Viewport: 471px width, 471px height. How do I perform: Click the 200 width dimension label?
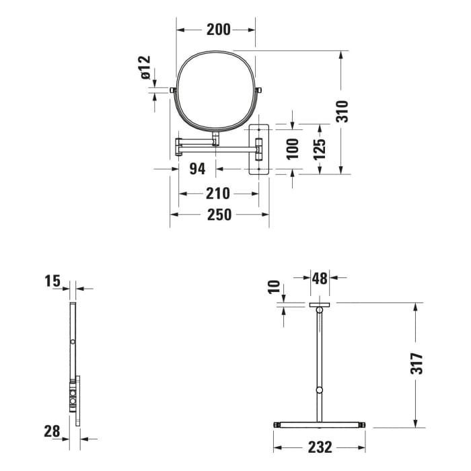pyautogui.click(x=218, y=29)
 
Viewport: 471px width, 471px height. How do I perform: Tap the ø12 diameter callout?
pyautogui.click(x=146, y=69)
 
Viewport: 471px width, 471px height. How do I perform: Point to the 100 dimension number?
pyautogui.click(x=292, y=148)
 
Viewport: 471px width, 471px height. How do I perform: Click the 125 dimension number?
pyautogui.click(x=320, y=148)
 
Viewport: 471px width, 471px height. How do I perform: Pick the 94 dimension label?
pyautogui.click(x=196, y=169)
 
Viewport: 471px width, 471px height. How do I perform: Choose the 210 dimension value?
pyautogui.click(x=218, y=194)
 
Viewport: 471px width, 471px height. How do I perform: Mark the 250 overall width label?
pyautogui.click(x=219, y=215)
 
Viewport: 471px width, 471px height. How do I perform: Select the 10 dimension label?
pyautogui.click(x=275, y=287)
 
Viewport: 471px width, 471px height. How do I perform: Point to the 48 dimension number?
pyautogui.click(x=319, y=277)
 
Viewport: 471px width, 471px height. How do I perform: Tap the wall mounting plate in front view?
pyautogui.click(x=259, y=148)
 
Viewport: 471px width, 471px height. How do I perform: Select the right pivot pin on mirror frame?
pyautogui.click(x=259, y=89)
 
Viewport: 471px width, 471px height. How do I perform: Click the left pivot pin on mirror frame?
pyautogui.click(x=173, y=89)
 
